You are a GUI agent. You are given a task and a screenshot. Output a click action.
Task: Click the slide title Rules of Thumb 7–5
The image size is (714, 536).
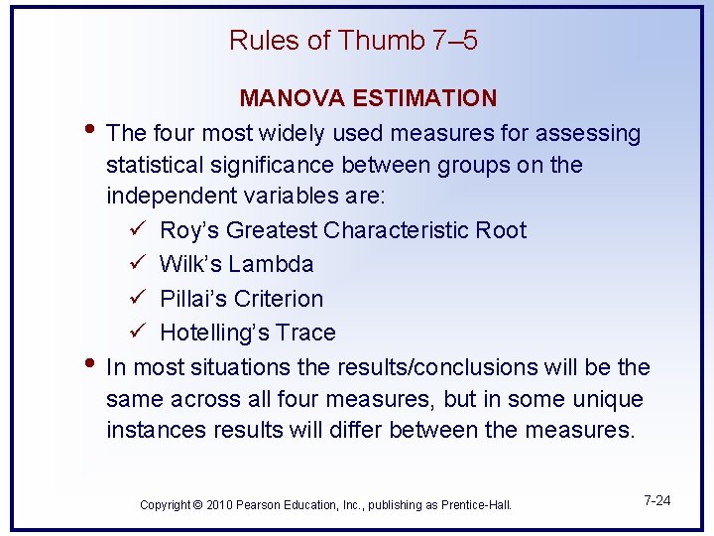[353, 41]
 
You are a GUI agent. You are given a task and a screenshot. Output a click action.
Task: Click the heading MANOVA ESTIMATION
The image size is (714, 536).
[368, 98]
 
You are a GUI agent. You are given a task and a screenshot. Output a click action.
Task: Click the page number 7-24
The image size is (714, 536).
[656, 500]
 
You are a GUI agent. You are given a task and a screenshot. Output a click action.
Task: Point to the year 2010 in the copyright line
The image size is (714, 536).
[219, 505]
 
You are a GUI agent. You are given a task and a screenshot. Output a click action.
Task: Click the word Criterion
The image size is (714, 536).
[281, 299]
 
